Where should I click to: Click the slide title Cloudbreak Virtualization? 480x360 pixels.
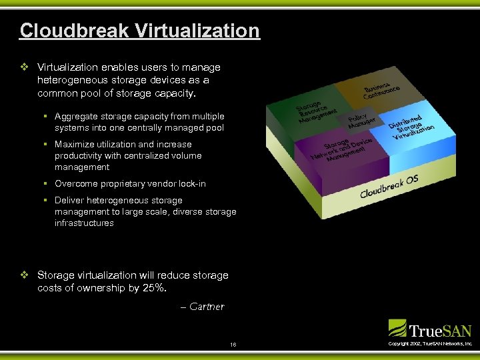click(x=139, y=31)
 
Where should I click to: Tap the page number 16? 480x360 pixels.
click(x=233, y=344)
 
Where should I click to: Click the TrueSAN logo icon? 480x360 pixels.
click(x=397, y=328)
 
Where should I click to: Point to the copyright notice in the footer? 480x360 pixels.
click(x=429, y=343)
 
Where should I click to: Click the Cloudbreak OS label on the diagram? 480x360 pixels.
click(x=389, y=186)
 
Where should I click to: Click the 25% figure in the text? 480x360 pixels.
click(x=155, y=288)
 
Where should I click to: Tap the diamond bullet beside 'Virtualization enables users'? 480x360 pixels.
click(x=25, y=67)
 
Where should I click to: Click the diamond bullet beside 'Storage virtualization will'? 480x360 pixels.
click(x=25, y=275)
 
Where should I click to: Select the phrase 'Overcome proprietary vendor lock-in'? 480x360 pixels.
click(x=130, y=183)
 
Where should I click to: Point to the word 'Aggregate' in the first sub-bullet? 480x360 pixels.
click(x=76, y=116)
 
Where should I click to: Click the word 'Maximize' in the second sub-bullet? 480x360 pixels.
click(x=75, y=144)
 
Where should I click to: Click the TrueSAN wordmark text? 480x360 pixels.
click(x=441, y=330)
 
